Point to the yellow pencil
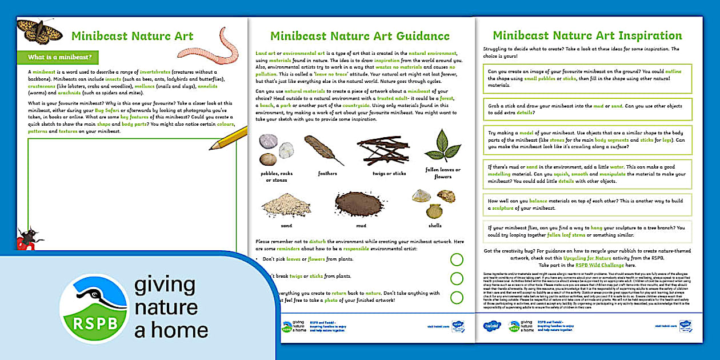[x=229, y=137]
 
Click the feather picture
[x=324, y=150]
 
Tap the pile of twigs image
[x=382, y=150]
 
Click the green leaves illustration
[x=443, y=145]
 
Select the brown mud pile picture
[x=358, y=203]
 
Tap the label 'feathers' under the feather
[x=327, y=173]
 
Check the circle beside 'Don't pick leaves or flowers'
[x=457, y=260]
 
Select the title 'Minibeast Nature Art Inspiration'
[x=587, y=35]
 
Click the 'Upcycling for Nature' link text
[x=570, y=259]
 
